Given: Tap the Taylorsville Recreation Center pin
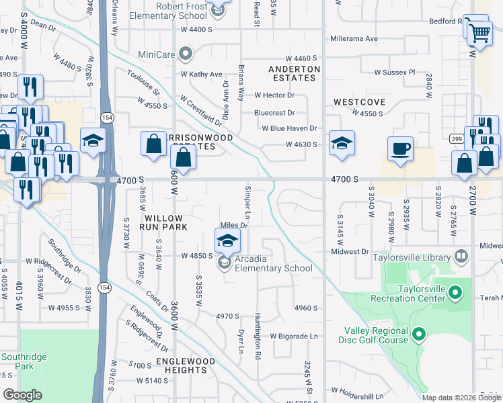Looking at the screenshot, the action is pyautogui.click(x=455, y=293).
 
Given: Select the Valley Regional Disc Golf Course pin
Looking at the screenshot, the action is pyautogui.click(x=418, y=334).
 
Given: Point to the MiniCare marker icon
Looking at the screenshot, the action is pyautogui.click(x=187, y=53).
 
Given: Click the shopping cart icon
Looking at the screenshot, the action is pyautogui.click(x=479, y=32).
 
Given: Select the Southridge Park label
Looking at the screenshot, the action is pyautogui.click(x=17, y=361).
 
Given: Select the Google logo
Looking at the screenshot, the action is pyautogui.click(x=23, y=395).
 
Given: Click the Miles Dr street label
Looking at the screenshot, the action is pyautogui.click(x=235, y=226).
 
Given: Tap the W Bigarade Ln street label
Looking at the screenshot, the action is pyautogui.click(x=293, y=336).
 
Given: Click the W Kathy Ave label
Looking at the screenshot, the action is pyautogui.click(x=201, y=74).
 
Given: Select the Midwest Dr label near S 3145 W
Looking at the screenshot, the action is pyautogui.click(x=350, y=252).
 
